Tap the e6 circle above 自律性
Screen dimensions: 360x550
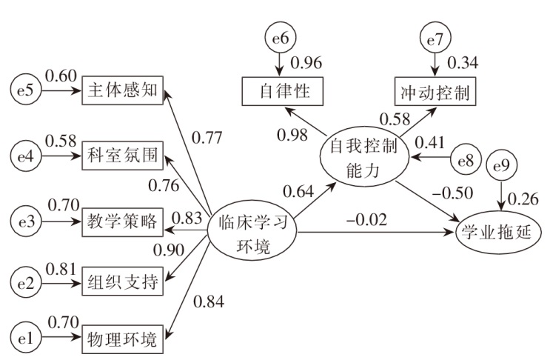[280, 36]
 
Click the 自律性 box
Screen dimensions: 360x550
[280, 93]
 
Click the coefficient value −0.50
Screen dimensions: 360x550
[450, 194]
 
